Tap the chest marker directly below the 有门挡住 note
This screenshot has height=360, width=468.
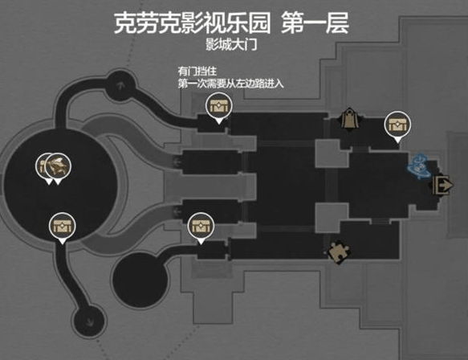(x=218, y=104)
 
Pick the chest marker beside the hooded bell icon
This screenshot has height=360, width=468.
(x=397, y=124)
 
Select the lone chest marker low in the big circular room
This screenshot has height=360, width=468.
(x=63, y=225)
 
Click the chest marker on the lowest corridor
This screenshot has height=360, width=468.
(x=200, y=226)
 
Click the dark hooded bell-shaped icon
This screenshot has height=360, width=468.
(x=351, y=118)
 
